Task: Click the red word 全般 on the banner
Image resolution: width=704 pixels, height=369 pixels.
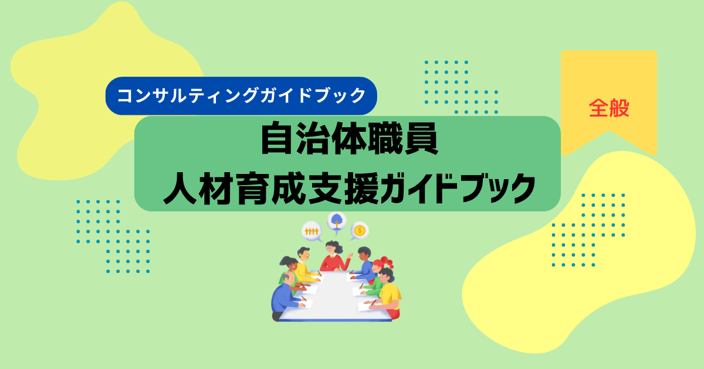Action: tap(609, 108)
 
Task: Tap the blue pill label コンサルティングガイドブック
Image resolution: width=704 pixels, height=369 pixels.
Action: tap(241, 95)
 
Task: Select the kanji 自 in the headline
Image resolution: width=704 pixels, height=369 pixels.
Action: tap(276, 138)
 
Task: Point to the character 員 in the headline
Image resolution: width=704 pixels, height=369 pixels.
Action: tap(421, 138)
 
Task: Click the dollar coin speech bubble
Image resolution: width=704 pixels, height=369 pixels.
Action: tap(359, 231)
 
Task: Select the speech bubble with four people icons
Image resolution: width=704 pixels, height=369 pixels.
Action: tap(312, 232)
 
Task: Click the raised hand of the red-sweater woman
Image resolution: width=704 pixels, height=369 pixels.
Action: tap(350, 256)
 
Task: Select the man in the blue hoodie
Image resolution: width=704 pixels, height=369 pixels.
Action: tap(364, 265)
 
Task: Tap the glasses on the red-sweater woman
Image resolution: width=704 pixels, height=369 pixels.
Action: tap(329, 248)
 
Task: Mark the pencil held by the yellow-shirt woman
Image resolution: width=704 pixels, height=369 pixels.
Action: tap(373, 303)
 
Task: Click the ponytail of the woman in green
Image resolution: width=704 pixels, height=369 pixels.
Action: tap(284, 261)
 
